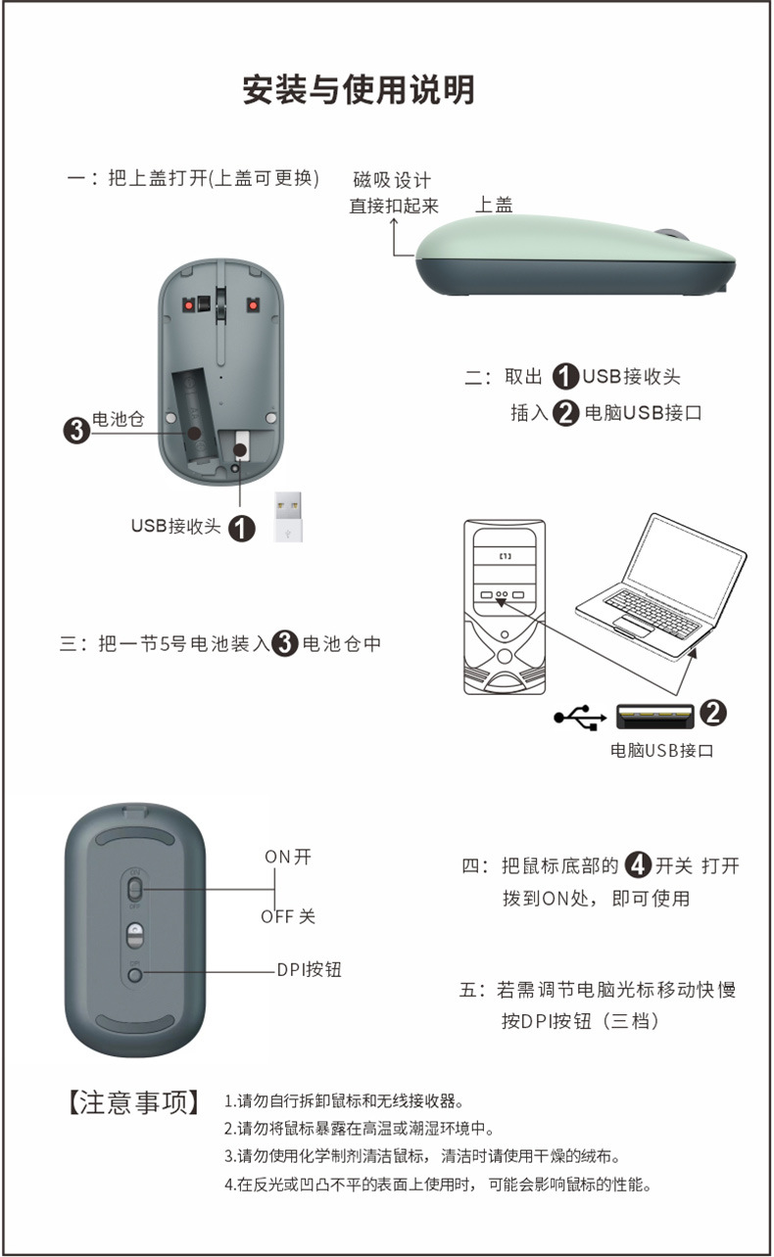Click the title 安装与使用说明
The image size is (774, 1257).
point(359,90)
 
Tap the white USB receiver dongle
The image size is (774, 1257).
point(288,516)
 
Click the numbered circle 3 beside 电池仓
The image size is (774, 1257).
point(76,431)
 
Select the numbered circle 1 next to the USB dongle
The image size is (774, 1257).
point(242,528)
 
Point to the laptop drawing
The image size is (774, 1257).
point(661,587)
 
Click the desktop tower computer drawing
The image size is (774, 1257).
point(505,607)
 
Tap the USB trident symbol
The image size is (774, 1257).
point(580,718)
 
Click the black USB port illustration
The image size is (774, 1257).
point(654,716)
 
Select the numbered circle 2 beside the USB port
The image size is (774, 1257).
point(713,713)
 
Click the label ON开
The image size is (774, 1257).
point(288,857)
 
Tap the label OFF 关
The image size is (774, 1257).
point(288,916)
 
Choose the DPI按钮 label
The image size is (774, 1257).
point(309,970)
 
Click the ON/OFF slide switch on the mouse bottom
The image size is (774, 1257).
point(135,889)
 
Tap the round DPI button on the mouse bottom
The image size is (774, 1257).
point(135,975)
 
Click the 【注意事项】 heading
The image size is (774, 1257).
point(133,1102)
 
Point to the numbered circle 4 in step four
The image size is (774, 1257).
point(638,864)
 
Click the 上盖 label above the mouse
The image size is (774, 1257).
point(494,205)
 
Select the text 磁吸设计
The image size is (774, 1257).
point(392,180)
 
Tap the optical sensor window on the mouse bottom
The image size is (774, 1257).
point(135,935)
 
